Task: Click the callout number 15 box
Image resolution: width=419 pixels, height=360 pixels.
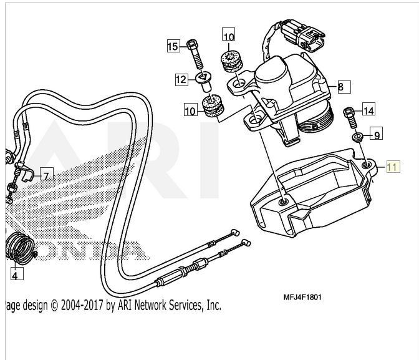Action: tap(173, 46)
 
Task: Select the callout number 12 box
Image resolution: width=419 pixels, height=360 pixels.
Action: tap(181, 79)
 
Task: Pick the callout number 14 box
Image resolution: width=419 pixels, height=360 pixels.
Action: tap(368, 110)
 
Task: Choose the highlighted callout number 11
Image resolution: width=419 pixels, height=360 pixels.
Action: tap(392, 167)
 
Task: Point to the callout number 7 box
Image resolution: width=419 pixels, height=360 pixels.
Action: tap(47, 175)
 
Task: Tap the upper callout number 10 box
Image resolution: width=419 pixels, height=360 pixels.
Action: tap(229, 37)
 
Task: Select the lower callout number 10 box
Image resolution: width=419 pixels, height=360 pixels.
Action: tap(190, 111)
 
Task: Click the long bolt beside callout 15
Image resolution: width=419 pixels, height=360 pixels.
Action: tap(198, 55)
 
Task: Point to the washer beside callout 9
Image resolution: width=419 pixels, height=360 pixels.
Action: tap(357, 137)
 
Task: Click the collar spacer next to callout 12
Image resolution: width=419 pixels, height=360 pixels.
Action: tap(203, 80)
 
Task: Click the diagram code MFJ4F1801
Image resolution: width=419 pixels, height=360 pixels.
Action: tap(302, 297)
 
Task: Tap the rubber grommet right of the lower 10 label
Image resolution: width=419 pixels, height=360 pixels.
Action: tap(214, 107)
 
